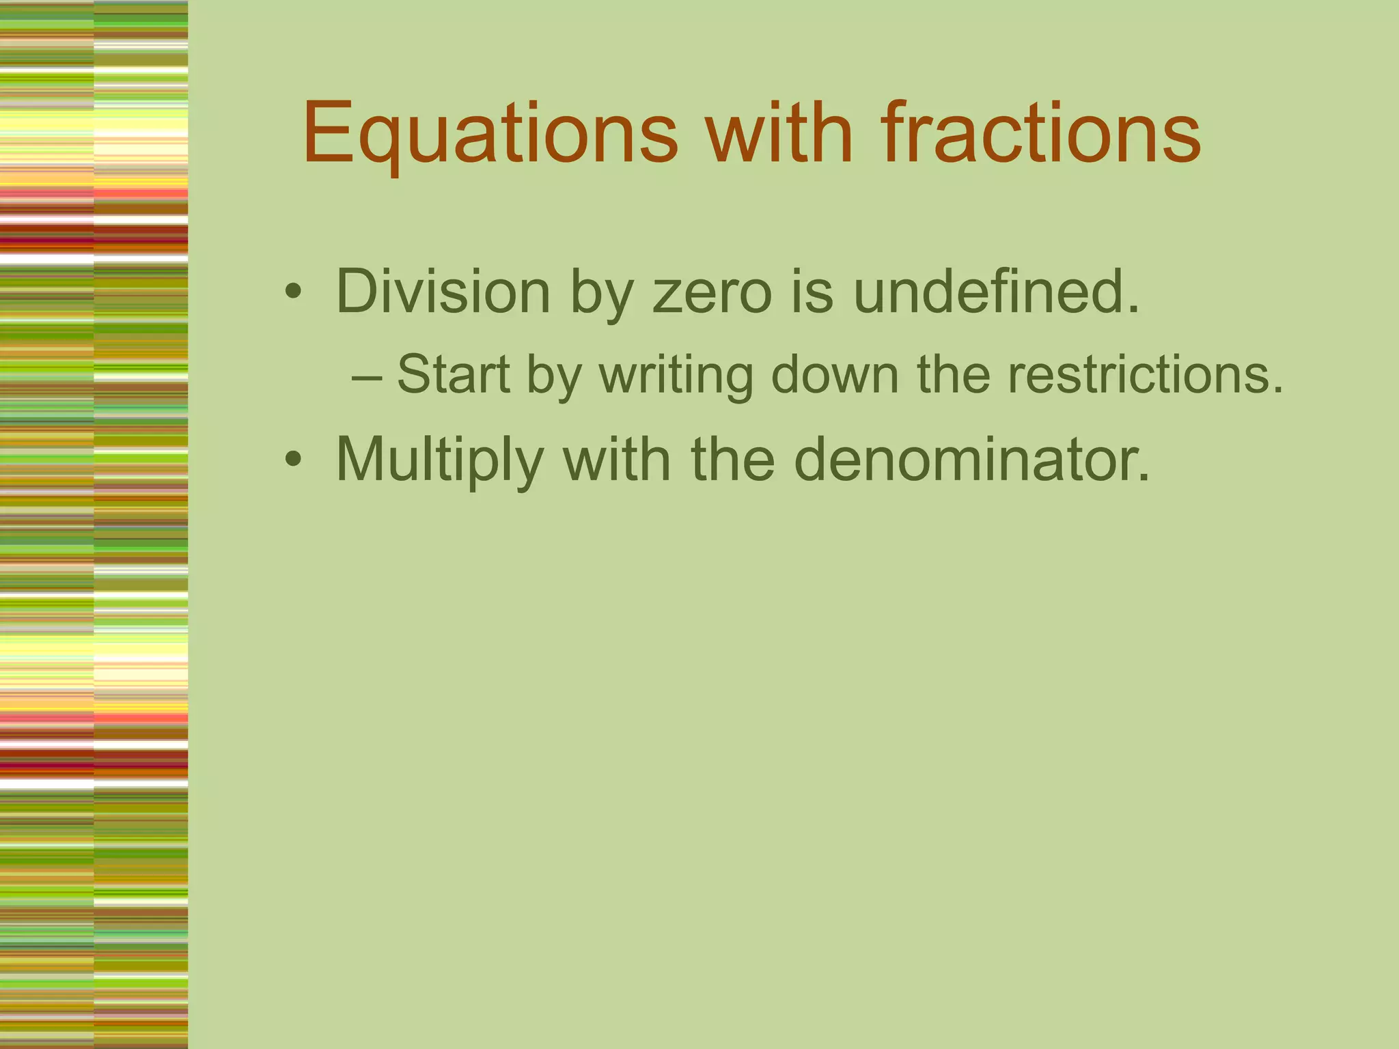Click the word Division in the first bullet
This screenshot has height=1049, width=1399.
click(443, 292)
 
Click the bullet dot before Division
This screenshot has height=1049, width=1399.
click(294, 293)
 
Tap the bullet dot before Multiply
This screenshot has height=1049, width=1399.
click(294, 460)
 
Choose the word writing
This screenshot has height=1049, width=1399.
click(676, 376)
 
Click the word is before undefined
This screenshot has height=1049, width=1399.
click(812, 292)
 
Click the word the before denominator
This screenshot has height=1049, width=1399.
click(732, 460)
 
